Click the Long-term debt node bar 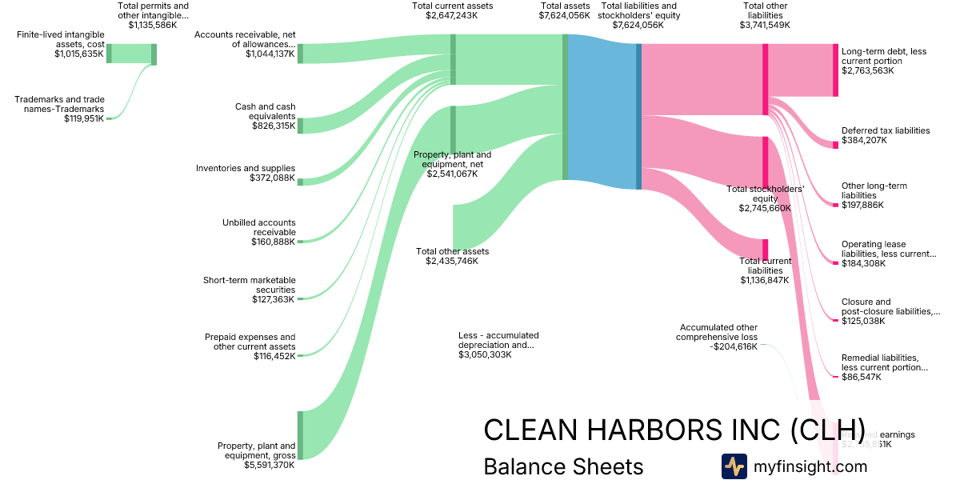coord(835,70)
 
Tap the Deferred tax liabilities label coord(886,130)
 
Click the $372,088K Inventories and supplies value coord(272,178)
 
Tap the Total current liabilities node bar coord(765,249)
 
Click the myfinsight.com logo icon coord(734,466)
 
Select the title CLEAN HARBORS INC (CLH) coord(674,430)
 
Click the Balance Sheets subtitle coord(563,466)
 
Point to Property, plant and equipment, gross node coord(300,435)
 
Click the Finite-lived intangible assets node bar coord(109,54)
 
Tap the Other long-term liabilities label coord(874,190)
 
